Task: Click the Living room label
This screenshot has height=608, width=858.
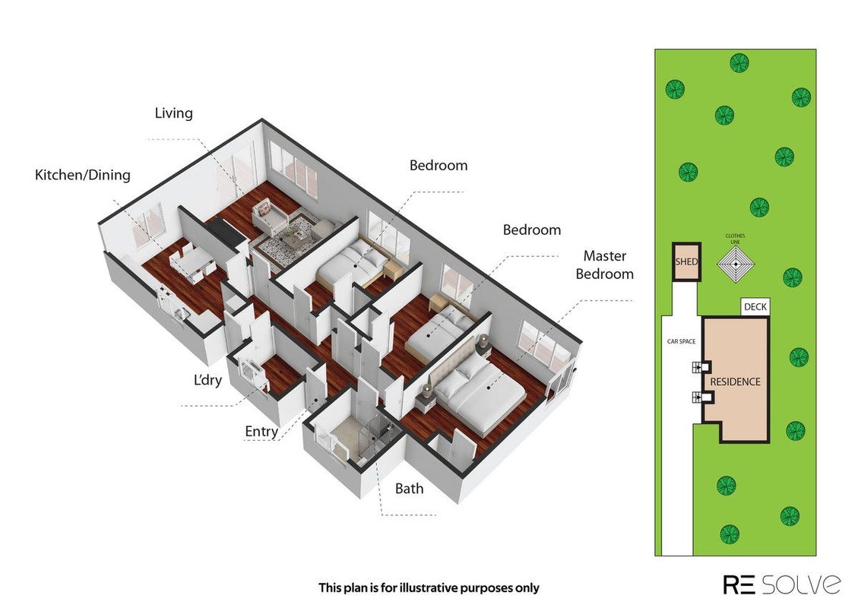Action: (173, 113)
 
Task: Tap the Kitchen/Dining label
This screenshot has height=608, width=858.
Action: (83, 175)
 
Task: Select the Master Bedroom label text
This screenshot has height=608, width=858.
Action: (605, 265)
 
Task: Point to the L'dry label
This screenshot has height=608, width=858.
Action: (208, 379)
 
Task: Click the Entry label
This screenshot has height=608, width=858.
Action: (261, 431)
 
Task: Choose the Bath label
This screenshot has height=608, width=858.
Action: (410, 488)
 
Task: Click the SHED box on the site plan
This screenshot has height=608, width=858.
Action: (686, 261)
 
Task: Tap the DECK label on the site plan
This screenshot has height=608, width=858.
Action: (755, 307)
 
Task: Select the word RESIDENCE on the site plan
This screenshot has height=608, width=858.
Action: (735, 382)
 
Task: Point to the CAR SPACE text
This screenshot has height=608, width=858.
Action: (681, 341)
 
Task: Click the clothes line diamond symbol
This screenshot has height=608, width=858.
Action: (736, 264)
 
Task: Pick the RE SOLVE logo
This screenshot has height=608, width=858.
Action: (782, 584)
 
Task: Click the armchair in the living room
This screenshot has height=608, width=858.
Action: (270, 216)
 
